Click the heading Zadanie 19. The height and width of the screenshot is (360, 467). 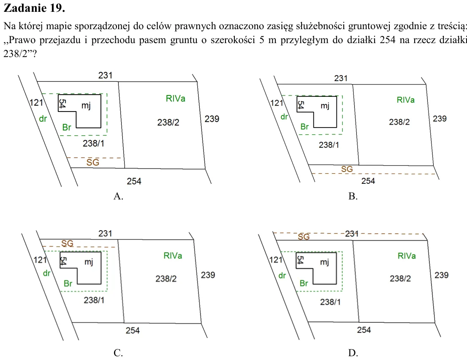coord(34,8)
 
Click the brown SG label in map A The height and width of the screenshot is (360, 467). coord(92,162)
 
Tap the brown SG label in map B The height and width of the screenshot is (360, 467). coord(347,169)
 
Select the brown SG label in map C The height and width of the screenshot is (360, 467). coord(67,243)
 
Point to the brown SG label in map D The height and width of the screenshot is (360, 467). coord(304,237)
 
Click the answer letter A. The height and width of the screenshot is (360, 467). coord(118,196)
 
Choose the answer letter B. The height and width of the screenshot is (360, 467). coord(353,196)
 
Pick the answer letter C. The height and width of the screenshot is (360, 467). coord(118,353)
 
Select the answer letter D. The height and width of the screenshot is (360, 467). coord(353,353)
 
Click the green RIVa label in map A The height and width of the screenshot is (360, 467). coord(175,98)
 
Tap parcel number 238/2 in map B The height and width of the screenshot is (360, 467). coord(399,122)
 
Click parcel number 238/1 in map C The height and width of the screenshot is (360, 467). coord(94,300)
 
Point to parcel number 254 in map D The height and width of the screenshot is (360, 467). coord(364,330)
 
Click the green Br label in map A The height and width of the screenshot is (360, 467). coord(67,127)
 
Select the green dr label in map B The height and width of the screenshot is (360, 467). coord(284,117)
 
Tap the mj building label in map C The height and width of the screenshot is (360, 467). coord(89,262)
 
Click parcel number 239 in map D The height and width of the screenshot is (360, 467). coord(441,275)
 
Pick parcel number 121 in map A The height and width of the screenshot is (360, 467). coord(36,103)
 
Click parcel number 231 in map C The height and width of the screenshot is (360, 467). coord(105,233)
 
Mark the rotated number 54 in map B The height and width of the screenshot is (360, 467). coord(301,105)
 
